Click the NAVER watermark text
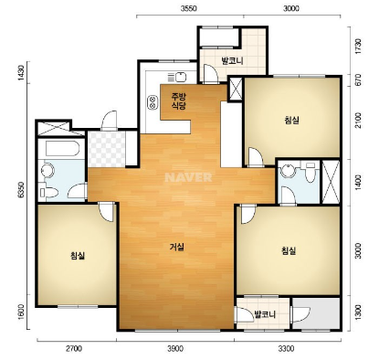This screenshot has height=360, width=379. (x=188, y=177)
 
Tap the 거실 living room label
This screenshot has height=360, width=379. (x=177, y=247)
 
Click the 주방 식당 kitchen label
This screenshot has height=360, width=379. (x=179, y=101)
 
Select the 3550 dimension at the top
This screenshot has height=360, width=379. (x=189, y=8)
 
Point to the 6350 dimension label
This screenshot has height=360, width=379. (x=20, y=190)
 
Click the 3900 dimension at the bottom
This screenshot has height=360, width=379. (x=175, y=348)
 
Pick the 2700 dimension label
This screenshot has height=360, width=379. (x=74, y=348)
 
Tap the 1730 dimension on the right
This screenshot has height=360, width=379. (x=358, y=47)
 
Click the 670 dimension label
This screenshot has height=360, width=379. (x=358, y=79)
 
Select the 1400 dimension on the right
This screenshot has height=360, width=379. (x=358, y=183)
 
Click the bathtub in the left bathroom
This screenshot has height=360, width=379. (x=63, y=148)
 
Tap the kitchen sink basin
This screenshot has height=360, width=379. (x=181, y=77)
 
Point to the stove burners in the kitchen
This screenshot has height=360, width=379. (x=153, y=102)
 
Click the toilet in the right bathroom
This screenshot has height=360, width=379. (x=311, y=172)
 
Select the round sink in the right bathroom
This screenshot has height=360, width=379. (x=289, y=171)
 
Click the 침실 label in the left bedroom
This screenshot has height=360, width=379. (x=78, y=255)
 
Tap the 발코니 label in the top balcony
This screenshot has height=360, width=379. (x=233, y=61)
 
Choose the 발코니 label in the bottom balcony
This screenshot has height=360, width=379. (x=265, y=314)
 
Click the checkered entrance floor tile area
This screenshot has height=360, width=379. (x=107, y=149)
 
